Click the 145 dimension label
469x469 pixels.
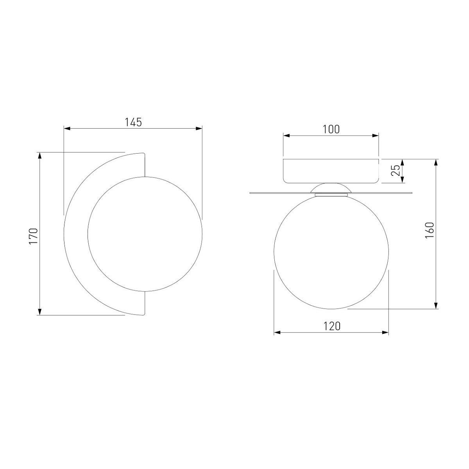pos(133,122)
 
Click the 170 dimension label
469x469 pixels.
pos(34,236)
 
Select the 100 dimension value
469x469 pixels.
pos(331,129)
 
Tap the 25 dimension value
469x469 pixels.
pos(395,170)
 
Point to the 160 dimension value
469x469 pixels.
pos(430,230)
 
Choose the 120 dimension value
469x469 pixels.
pos(332,326)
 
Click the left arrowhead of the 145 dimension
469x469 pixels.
pos(67,129)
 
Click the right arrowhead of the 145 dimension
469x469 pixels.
pos(199,129)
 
